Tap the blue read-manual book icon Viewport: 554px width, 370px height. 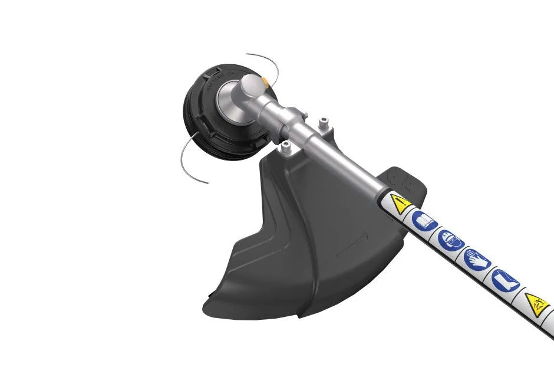pyautogui.click(x=424, y=222)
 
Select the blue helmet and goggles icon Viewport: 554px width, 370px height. pyautogui.click(x=451, y=240)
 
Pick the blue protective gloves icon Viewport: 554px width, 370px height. pyautogui.click(x=477, y=258)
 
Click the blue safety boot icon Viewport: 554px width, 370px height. pyautogui.click(x=504, y=278)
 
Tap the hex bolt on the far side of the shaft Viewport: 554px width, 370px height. pyautogui.click(x=322, y=123)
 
